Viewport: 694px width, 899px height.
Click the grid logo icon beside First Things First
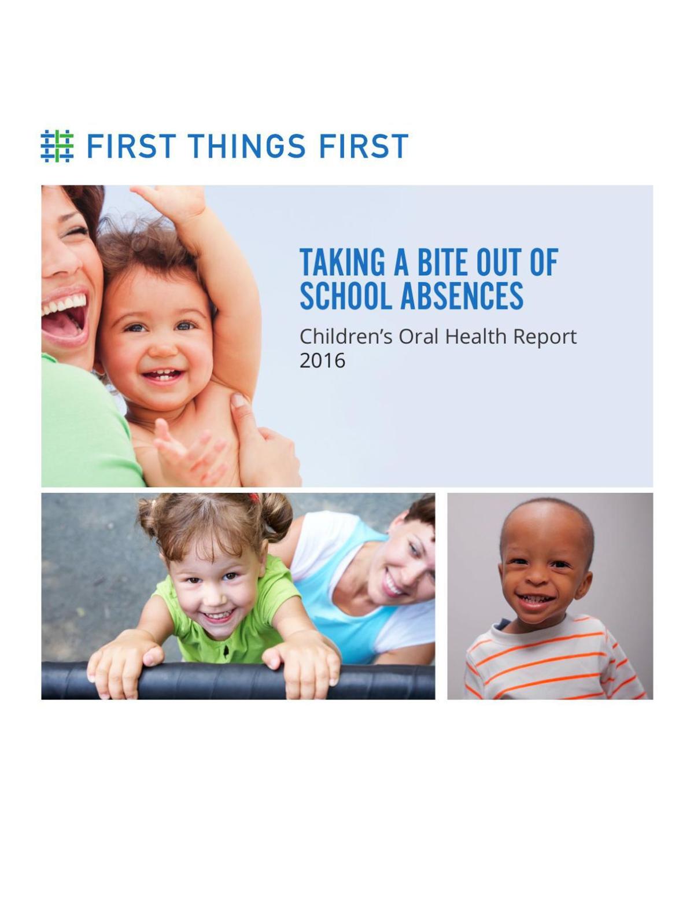point(57,146)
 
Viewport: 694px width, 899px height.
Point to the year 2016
point(322,360)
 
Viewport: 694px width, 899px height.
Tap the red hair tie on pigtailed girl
point(253,496)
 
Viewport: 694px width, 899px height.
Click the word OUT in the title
point(501,263)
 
